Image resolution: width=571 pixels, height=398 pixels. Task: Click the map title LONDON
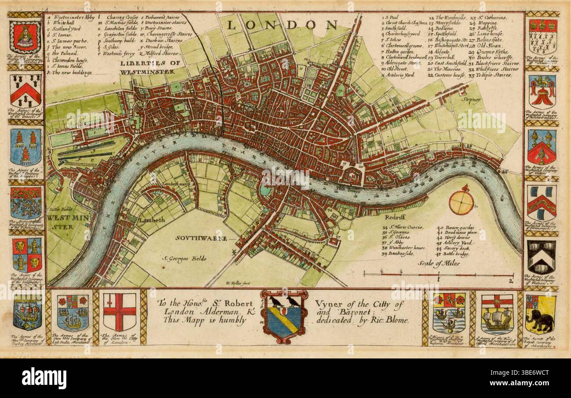click(282, 25)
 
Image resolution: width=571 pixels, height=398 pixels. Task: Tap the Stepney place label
click(471, 100)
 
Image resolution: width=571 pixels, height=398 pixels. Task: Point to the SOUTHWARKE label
click(202, 238)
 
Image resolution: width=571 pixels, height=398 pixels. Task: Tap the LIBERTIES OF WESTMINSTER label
click(150, 66)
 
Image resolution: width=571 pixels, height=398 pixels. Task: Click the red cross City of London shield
click(119, 312)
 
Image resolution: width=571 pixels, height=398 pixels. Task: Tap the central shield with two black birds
click(284, 315)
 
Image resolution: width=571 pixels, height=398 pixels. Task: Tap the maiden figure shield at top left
click(25, 36)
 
